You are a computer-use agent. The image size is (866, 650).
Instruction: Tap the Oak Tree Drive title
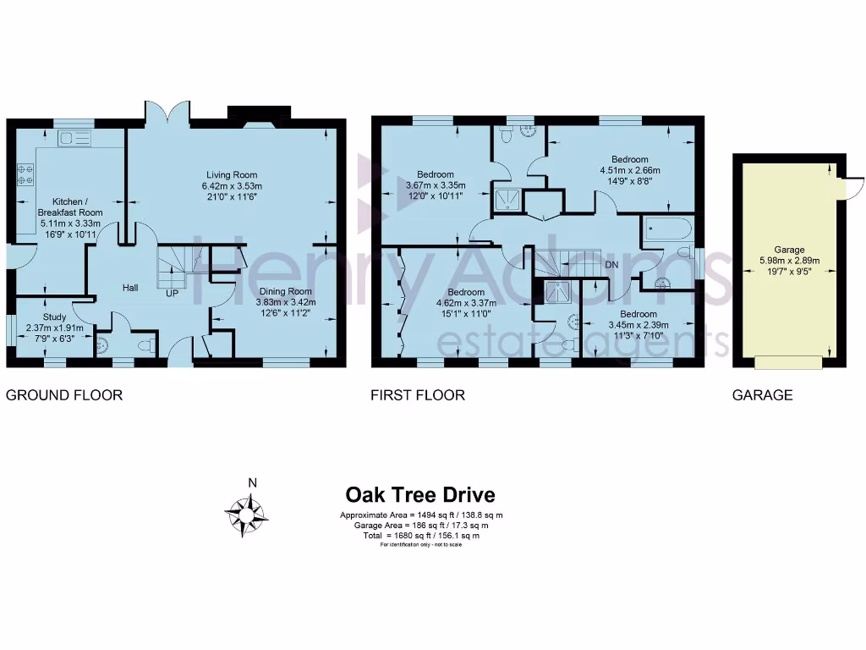420,495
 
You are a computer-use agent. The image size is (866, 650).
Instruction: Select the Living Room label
231,186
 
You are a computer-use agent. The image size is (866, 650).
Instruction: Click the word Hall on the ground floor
130,289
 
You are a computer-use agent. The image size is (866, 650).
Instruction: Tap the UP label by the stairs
172,294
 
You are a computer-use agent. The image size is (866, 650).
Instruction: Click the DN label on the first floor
612,264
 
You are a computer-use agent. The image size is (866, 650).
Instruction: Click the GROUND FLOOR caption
64,395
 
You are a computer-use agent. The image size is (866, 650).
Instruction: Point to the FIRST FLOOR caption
418,395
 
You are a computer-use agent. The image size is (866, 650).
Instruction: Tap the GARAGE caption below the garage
763,395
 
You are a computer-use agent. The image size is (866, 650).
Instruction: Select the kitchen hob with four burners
25,174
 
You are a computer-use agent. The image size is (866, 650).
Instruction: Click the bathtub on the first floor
667,230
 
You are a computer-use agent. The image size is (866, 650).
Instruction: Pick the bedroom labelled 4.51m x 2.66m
630,170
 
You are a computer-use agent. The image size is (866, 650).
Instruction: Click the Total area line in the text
420,536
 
